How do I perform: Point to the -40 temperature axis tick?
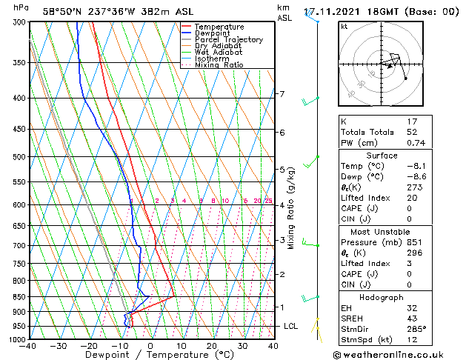tap(28, 346)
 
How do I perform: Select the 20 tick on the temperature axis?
tap(212, 346)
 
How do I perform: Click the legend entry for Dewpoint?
tap(209, 33)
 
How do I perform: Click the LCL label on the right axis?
tap(292, 326)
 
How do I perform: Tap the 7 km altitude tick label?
tap(281, 94)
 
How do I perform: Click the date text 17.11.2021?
tap(333, 12)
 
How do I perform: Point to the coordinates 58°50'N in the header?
tap(61, 12)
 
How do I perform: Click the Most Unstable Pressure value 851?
tap(414, 242)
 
